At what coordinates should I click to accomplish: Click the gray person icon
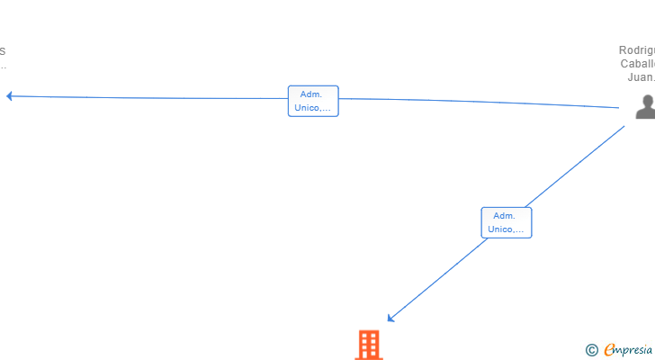(645, 107)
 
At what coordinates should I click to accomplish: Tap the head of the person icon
(646, 100)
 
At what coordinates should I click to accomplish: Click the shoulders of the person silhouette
(645, 113)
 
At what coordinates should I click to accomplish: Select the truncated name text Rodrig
(637, 50)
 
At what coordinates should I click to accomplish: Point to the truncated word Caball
(638, 64)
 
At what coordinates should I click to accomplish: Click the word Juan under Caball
(640, 77)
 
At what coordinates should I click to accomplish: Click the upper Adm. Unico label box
(313, 101)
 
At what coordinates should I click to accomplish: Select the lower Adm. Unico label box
(507, 222)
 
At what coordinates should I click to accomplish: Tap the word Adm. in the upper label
(312, 94)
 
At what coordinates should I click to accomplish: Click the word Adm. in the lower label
(505, 215)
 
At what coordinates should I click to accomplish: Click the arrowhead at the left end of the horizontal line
(9, 95)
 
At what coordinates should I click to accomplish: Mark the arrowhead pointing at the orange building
(390, 317)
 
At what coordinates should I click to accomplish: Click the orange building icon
(369, 345)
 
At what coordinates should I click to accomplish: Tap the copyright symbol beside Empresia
(591, 349)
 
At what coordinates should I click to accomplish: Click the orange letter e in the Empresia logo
(609, 349)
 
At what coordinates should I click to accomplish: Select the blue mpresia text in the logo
(634, 349)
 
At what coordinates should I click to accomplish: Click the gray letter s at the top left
(3, 50)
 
